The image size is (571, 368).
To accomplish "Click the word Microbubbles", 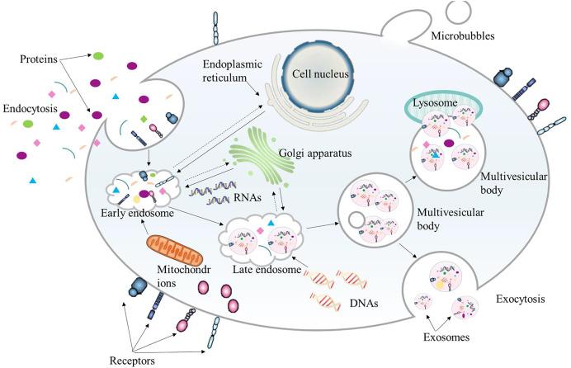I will pos(465,36).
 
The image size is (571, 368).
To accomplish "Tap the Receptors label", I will pos(134,360).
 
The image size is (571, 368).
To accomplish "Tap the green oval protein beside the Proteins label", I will pos(98,56).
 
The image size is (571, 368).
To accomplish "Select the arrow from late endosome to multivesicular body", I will pos(321,224).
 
